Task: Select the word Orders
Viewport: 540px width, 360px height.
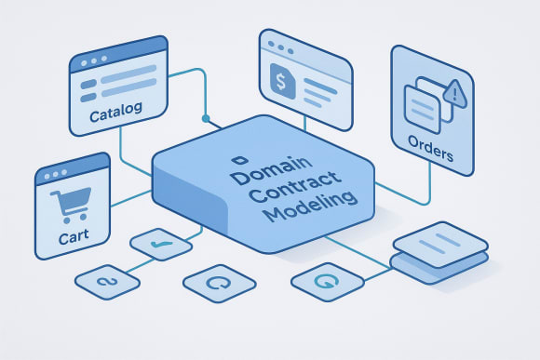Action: tap(430, 151)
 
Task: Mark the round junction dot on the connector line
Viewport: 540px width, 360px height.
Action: tap(206, 120)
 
